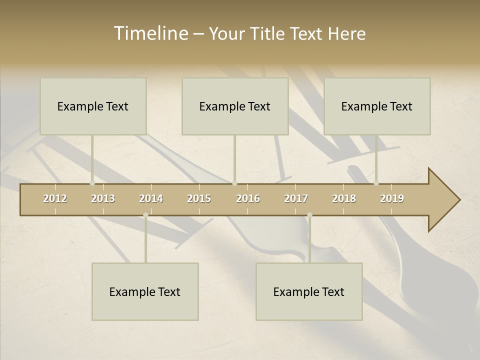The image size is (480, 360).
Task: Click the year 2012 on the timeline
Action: (x=55, y=198)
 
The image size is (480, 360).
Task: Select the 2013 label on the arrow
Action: (x=103, y=198)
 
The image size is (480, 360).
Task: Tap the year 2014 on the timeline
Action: (x=151, y=198)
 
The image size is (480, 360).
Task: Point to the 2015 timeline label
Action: (x=199, y=198)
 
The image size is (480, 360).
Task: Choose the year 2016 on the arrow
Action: (x=248, y=198)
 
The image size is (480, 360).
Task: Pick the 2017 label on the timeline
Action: (x=296, y=198)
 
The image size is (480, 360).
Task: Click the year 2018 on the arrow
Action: (x=344, y=198)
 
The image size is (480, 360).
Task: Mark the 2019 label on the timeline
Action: (x=392, y=198)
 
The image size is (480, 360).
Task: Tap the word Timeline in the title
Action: (x=150, y=33)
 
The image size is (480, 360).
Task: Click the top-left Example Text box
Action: (x=93, y=106)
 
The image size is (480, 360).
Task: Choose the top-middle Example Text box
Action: (x=235, y=106)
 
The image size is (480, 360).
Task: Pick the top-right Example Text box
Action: (x=377, y=106)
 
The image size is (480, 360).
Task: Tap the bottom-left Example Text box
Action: (x=145, y=291)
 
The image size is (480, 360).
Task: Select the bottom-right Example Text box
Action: (x=309, y=291)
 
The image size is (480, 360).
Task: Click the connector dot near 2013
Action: (x=92, y=183)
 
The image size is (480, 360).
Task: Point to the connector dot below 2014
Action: (x=145, y=215)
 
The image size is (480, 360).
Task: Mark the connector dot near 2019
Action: (x=376, y=183)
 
